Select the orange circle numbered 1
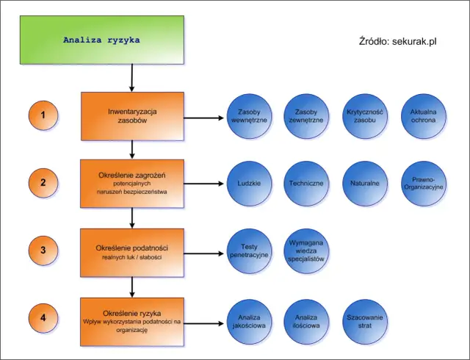[x=43, y=116]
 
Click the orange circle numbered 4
[x=43, y=319]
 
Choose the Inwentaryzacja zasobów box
[x=132, y=116]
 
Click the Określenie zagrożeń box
[x=132, y=184]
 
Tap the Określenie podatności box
[x=132, y=252]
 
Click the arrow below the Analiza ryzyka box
[x=132, y=77]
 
